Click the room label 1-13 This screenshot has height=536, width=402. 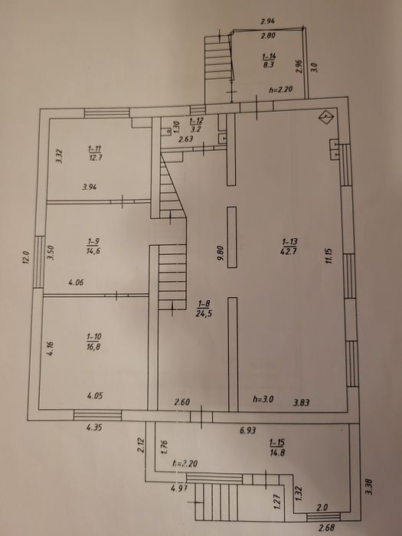pyautogui.click(x=289, y=243)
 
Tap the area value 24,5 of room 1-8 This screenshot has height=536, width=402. pyautogui.click(x=204, y=313)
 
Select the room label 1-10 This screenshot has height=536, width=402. pyautogui.click(x=94, y=337)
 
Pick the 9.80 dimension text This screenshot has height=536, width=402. pyautogui.click(x=220, y=253)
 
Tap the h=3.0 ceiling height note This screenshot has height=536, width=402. pyautogui.click(x=263, y=399)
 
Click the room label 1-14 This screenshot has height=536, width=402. pyautogui.click(x=270, y=57)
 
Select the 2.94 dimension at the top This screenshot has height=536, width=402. pyautogui.click(x=268, y=21)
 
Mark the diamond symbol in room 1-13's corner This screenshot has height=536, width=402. pyautogui.click(x=326, y=118)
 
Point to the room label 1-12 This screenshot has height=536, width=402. pyautogui.click(x=196, y=121)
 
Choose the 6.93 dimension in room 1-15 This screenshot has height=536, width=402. pyautogui.click(x=248, y=430)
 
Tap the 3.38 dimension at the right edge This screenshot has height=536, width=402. pyautogui.click(x=369, y=486)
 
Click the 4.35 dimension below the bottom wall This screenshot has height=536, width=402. pyautogui.click(x=94, y=427)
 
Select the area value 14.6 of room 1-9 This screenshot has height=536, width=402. pyautogui.click(x=93, y=251)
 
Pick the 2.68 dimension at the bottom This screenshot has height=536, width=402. pyautogui.click(x=326, y=528)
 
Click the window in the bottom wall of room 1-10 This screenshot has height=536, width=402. pyautogui.click(x=98, y=415)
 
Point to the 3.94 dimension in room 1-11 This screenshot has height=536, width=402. pyautogui.click(x=90, y=187)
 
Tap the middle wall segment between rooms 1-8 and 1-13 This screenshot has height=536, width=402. pyautogui.click(x=232, y=237)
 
